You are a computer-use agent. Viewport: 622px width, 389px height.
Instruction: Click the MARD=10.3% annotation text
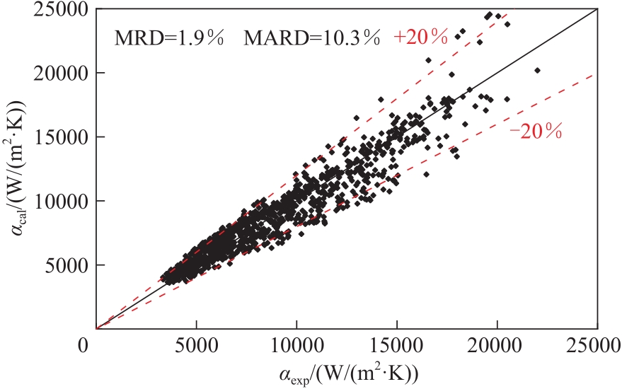(x=313, y=38)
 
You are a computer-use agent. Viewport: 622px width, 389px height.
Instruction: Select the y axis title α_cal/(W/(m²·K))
(x=21, y=170)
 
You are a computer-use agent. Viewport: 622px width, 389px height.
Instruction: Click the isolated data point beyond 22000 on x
(x=537, y=70)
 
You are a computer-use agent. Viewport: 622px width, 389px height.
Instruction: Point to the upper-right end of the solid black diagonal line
(x=597, y=9)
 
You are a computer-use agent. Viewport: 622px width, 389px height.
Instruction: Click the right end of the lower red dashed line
(x=597, y=74)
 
